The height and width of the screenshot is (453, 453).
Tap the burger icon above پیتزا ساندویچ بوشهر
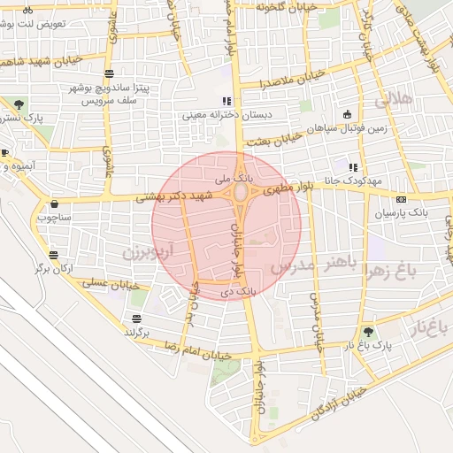pyautogui.click(x=109, y=74)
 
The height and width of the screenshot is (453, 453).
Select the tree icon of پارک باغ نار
pyautogui.click(x=368, y=332)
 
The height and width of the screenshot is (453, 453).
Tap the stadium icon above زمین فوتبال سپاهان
pyautogui.click(x=347, y=113)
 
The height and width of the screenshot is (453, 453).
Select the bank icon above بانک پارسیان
pyautogui.click(x=401, y=199)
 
